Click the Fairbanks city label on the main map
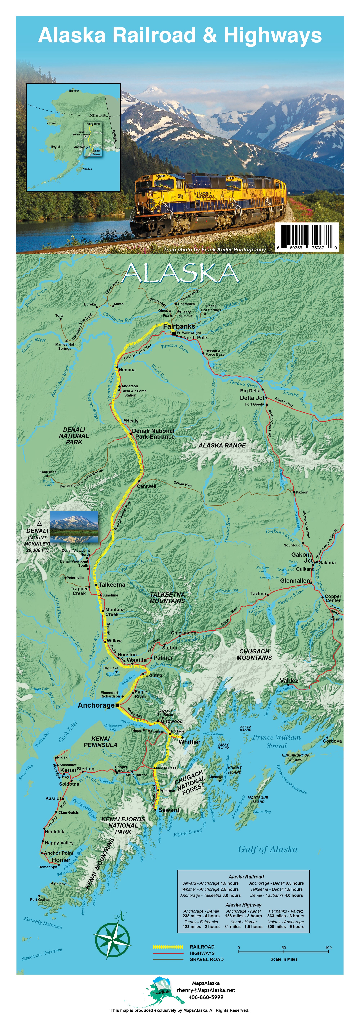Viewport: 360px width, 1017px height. [x=179, y=327]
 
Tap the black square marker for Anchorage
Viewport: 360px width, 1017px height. [x=117, y=705]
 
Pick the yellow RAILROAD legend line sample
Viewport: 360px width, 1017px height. [x=168, y=947]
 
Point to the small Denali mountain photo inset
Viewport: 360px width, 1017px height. [x=74, y=527]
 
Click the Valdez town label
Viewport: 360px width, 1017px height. [x=289, y=681]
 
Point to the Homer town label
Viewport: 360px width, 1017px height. [x=61, y=860]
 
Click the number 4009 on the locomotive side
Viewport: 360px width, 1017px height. [x=180, y=196]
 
